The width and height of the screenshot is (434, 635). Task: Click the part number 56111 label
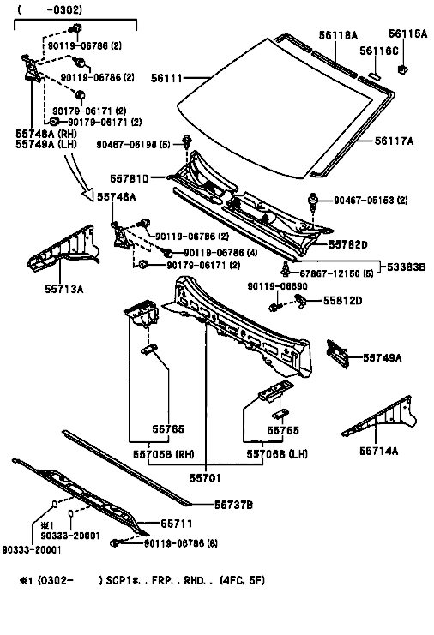click(x=166, y=78)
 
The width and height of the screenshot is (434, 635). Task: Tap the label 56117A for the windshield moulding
click(x=394, y=141)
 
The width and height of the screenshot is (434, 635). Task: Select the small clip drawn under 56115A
click(x=403, y=69)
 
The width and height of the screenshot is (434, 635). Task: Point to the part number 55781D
click(x=130, y=178)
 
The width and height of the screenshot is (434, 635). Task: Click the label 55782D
click(x=347, y=244)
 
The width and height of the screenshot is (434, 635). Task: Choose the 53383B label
click(x=406, y=267)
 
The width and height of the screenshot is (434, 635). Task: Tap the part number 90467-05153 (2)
click(x=371, y=200)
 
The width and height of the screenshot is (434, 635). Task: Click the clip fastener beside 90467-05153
click(x=313, y=201)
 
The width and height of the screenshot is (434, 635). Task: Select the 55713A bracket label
click(x=64, y=289)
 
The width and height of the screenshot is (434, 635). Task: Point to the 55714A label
click(x=379, y=451)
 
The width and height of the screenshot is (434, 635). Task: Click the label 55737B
click(x=234, y=505)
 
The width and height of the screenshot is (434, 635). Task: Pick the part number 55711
click(x=177, y=524)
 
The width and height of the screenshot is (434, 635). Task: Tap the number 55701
click(x=206, y=478)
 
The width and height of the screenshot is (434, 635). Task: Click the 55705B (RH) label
click(x=164, y=454)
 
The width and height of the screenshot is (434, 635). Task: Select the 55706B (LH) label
click(x=277, y=454)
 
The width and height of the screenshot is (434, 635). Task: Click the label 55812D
click(x=342, y=301)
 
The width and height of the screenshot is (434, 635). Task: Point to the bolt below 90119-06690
click(x=274, y=306)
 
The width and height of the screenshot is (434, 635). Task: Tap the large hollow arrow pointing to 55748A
click(x=80, y=174)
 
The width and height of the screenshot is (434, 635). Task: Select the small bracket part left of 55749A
click(x=338, y=354)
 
